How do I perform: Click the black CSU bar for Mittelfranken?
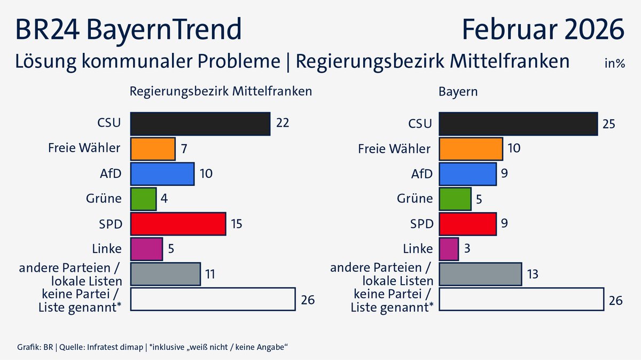tap(200, 123)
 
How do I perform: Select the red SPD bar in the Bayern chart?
tap(468, 224)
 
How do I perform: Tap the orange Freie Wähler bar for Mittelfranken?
tap(153, 148)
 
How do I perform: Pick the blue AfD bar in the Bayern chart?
tap(468, 174)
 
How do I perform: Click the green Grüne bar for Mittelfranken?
tap(143, 199)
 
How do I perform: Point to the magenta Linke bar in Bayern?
tap(449, 249)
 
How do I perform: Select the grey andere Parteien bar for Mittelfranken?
tap(166, 274)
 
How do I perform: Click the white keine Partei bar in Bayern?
tap(521, 299)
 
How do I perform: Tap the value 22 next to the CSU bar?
tap(283, 123)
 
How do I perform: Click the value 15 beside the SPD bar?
tap(236, 224)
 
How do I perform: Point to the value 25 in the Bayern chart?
tap(609, 124)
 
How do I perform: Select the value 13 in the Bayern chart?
tap(533, 275)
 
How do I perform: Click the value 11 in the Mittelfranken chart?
tap(211, 275)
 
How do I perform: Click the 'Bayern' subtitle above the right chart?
tap(458, 91)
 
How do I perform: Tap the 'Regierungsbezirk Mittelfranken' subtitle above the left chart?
tap(221, 91)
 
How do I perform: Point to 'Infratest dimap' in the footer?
tap(114, 348)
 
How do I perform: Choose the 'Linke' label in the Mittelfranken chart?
tap(107, 249)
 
